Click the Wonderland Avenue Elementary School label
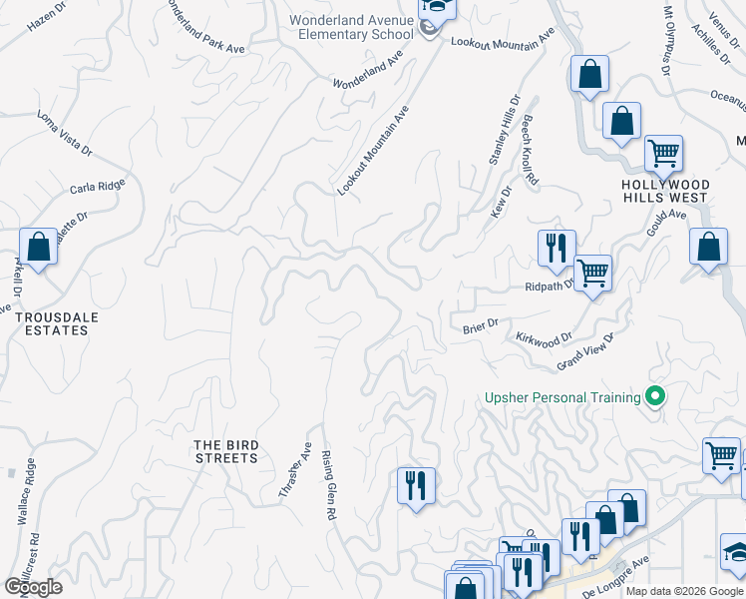tap(350, 27)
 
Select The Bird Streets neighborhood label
tap(226, 451)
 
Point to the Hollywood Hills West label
tap(665, 191)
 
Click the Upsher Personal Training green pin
tap(655, 397)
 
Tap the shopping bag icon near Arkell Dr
tap(38, 247)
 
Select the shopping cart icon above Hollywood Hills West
tap(663, 154)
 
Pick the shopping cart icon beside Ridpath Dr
tap(593, 273)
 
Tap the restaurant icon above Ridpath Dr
tap(556, 247)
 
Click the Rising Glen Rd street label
tap(327, 485)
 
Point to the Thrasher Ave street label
tap(294, 470)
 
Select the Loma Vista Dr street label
tap(65, 133)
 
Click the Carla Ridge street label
tap(98, 188)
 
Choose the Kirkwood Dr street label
tap(545, 339)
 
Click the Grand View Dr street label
tap(585, 351)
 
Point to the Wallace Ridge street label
tap(27, 491)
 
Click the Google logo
tap(32, 587)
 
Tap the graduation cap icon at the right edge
tap(737, 552)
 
